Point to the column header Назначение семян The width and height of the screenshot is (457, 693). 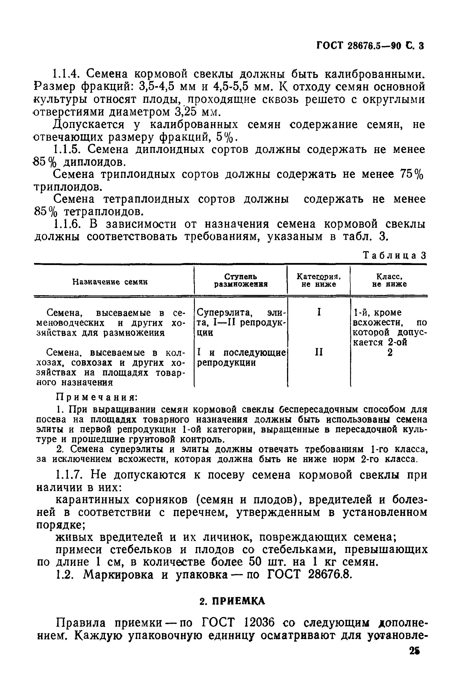[x=110, y=282]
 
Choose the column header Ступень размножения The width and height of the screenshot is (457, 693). [x=241, y=281]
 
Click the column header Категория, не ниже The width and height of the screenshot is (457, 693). [x=319, y=280]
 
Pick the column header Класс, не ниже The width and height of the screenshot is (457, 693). [x=389, y=280]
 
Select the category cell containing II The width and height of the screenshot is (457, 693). [x=319, y=353]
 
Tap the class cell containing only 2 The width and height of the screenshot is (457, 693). [x=390, y=353]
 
